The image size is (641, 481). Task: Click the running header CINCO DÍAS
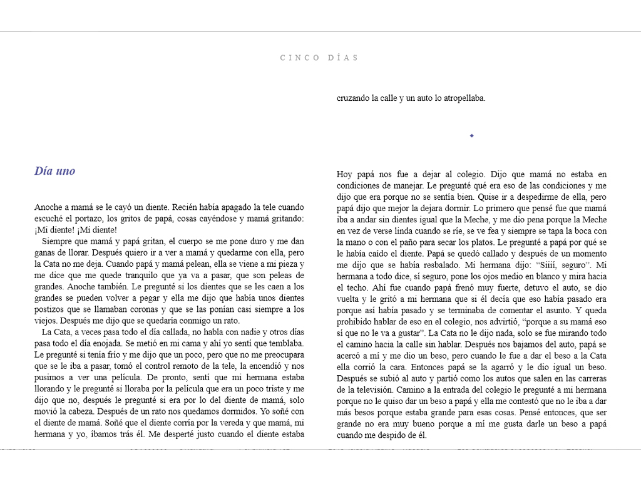click(x=320, y=58)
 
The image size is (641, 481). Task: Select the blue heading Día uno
click(x=55, y=171)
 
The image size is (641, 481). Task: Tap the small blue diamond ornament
click(x=471, y=135)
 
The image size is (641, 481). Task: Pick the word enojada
click(x=105, y=343)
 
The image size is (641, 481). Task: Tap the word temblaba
click(x=285, y=343)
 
